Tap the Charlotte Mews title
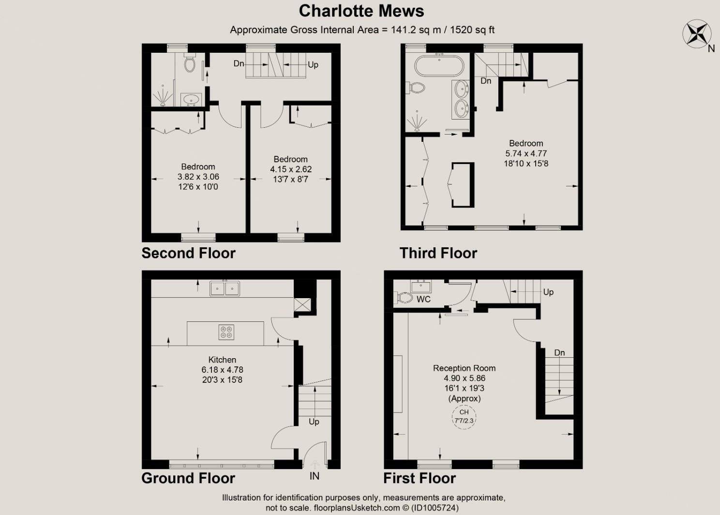[361, 11]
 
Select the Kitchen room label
[222, 360]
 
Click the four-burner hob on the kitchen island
[226, 332]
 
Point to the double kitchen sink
[225, 288]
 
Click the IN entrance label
[315, 476]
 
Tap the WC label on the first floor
[423, 299]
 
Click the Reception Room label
[464, 368]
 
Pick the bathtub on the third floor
[439, 66]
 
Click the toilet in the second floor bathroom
[190, 63]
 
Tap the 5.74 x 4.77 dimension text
[526, 153]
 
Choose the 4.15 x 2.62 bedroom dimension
[291, 169]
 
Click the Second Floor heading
[188, 253]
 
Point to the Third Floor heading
[438, 253]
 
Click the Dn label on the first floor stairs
[559, 353]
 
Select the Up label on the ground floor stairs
[314, 422]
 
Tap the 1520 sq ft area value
[472, 30]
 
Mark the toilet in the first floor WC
[405, 298]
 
